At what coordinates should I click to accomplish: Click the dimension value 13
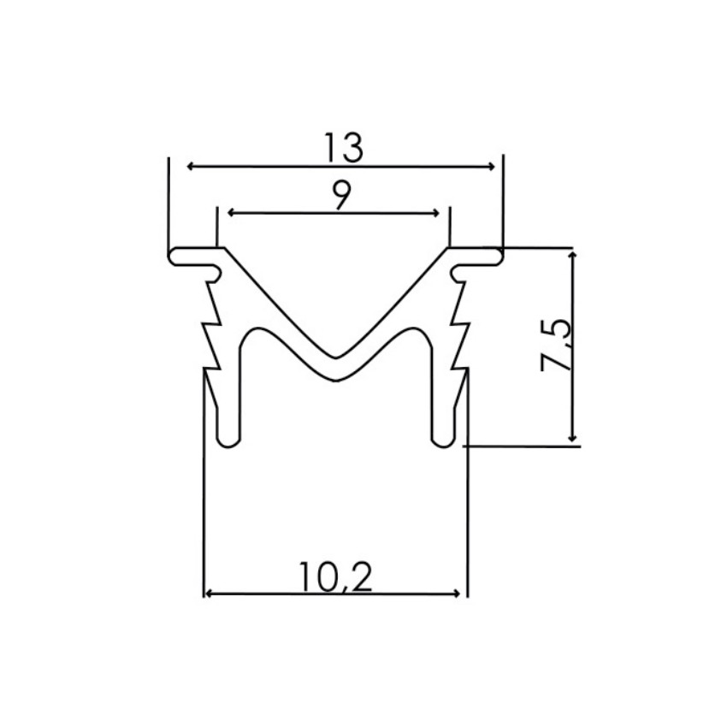pos(343,149)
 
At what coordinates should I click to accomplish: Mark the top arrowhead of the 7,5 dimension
pos(573,255)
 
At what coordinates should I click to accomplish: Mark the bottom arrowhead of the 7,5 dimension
pos(573,438)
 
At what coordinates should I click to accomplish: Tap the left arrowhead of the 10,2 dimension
pos(208,593)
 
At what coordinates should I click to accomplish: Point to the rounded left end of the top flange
pos(172,257)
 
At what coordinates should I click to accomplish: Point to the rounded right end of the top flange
pos(499,257)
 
